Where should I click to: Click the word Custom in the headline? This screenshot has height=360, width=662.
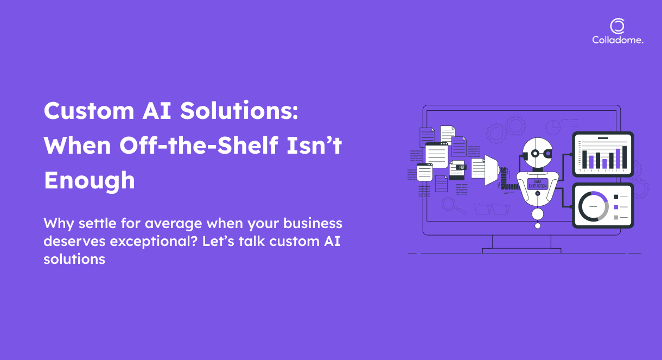[x=88, y=111]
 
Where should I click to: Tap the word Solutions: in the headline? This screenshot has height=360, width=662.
[x=239, y=110]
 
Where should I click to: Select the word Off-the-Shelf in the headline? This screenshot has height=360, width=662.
[x=198, y=145]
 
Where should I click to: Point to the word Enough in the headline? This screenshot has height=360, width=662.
[x=90, y=181]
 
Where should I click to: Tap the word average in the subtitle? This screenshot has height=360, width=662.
[x=173, y=224]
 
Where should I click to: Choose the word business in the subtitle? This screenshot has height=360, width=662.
[x=313, y=223]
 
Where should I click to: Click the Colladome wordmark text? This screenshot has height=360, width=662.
[x=618, y=40]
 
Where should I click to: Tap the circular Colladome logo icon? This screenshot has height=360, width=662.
[x=617, y=26]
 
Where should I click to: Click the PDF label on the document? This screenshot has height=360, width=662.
[x=462, y=167]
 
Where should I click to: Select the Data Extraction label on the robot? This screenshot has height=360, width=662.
[x=538, y=184]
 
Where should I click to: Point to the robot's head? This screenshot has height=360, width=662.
[x=537, y=153]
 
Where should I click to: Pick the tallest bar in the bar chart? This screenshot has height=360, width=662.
[x=625, y=157]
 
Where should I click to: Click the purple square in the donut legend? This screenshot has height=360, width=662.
[x=616, y=207]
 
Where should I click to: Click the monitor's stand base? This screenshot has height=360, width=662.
[x=521, y=251]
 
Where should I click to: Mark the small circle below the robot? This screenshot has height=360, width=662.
[x=538, y=226]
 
